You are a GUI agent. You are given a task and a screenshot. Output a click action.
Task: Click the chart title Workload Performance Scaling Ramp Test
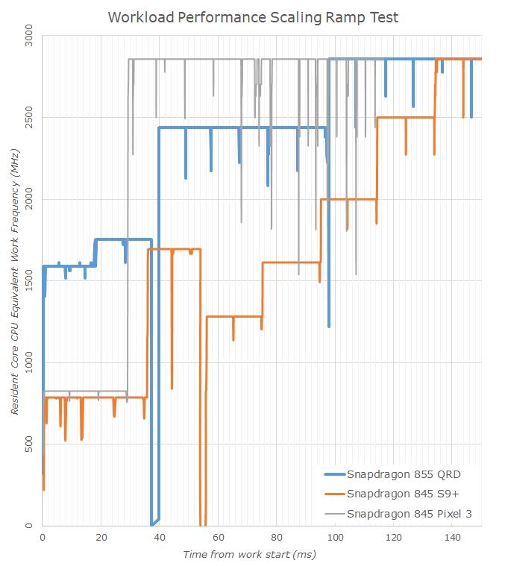click(253, 17)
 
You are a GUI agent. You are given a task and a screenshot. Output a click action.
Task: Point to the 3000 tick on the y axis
click(28, 35)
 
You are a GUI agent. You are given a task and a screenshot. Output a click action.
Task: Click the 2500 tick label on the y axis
click(28, 117)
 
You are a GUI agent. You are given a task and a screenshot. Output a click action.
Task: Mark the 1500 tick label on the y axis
click(28, 281)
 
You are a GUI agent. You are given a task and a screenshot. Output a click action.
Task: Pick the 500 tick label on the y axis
click(28, 445)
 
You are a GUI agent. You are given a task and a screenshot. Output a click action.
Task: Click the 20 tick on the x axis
click(101, 537)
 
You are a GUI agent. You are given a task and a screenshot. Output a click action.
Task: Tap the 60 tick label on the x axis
click(219, 537)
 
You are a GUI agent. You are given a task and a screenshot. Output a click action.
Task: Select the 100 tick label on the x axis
click(336, 537)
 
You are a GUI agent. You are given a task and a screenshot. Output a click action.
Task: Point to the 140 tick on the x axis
click(453, 537)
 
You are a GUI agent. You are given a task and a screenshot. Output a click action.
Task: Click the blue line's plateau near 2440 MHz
click(224, 128)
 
